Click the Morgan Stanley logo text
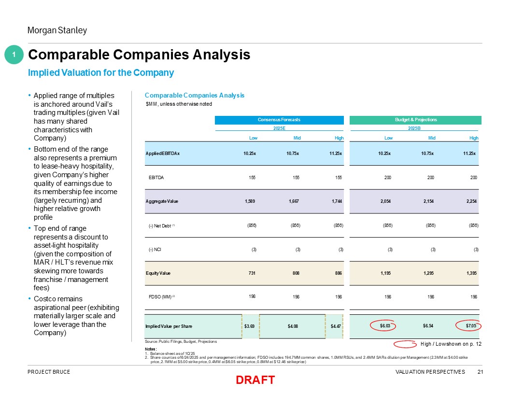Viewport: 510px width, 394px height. pyautogui.click(x=57, y=30)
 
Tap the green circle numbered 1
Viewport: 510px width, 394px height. pyautogui.click(x=14, y=55)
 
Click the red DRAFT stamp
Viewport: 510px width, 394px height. pyautogui.click(x=255, y=380)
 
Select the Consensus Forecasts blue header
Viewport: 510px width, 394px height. pyautogui.click(x=279, y=120)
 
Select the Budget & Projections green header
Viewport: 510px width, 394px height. pyautogui.click(x=415, y=120)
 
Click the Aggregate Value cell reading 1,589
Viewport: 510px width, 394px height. pyautogui.click(x=250, y=201)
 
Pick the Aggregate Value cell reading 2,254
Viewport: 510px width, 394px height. pyautogui.click(x=471, y=201)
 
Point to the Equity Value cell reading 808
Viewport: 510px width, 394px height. pyautogui.click(x=296, y=273)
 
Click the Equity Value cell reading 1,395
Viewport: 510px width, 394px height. pyautogui.click(x=471, y=273)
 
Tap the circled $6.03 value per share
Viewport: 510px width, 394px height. pyautogui.click(x=385, y=326)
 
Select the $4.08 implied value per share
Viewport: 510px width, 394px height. pyautogui.click(x=293, y=326)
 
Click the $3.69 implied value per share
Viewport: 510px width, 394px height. pyautogui.click(x=250, y=326)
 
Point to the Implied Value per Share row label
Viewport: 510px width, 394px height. pyautogui.click(x=169, y=326)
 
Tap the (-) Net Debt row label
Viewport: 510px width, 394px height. pyautogui.click(x=161, y=225)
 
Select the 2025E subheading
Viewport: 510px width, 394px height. pyautogui.click(x=279, y=128)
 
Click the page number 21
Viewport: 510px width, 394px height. pyautogui.click(x=480, y=372)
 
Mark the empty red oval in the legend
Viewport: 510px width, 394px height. pyautogui.click(x=405, y=344)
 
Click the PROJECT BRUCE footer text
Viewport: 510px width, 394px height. pyautogui.click(x=49, y=372)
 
